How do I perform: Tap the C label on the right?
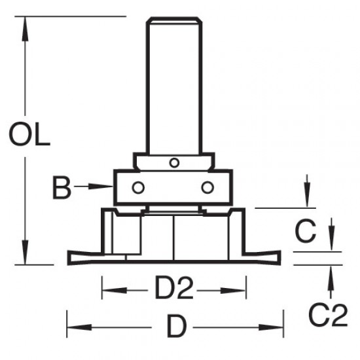305,230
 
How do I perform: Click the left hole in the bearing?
137,187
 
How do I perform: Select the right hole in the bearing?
207,187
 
